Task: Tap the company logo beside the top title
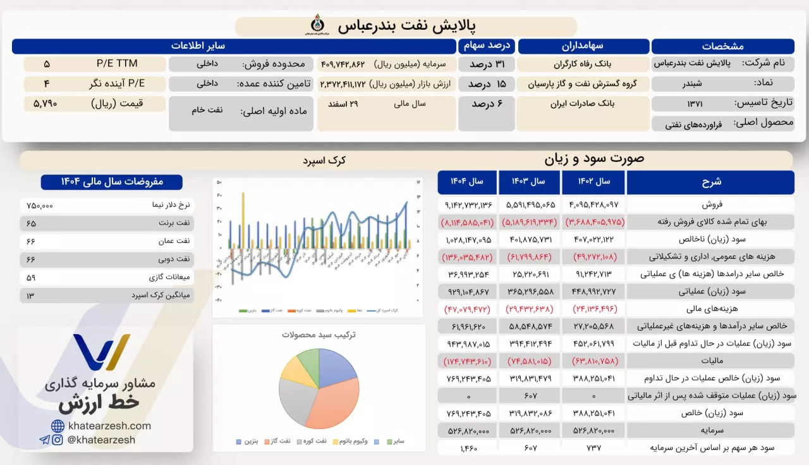(x=314, y=25)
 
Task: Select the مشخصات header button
(x=722, y=46)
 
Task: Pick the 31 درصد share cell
(x=486, y=64)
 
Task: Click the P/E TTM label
(x=116, y=64)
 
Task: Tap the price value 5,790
(x=46, y=103)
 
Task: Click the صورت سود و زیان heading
(x=594, y=159)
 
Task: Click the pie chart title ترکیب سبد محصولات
(x=319, y=335)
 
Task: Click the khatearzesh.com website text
(x=109, y=426)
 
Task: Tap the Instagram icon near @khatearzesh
(x=58, y=440)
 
